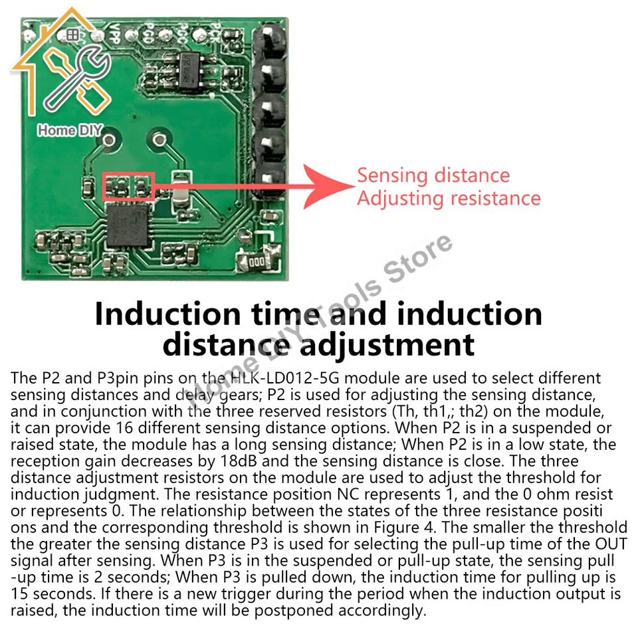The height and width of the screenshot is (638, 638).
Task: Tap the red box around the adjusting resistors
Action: click(x=128, y=173)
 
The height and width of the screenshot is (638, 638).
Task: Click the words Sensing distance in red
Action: click(x=433, y=175)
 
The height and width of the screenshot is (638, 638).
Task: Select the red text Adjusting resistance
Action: click(x=449, y=199)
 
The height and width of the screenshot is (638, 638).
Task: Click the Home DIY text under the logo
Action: click(x=70, y=130)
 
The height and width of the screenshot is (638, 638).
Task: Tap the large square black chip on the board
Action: click(x=127, y=226)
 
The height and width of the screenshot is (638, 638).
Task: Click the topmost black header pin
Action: click(x=269, y=41)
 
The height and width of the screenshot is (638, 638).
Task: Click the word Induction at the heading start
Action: click(x=168, y=314)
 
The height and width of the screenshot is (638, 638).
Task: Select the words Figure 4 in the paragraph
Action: click(x=405, y=527)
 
